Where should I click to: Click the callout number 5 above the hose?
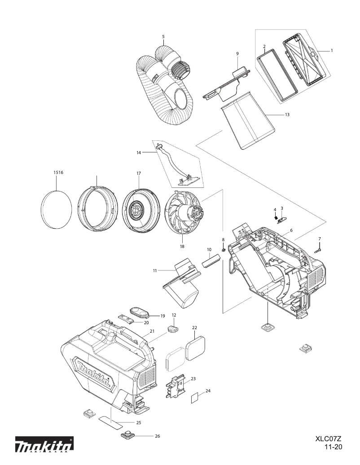pyautogui.click(x=163, y=36)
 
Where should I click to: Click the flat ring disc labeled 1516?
pyautogui.click(x=57, y=209)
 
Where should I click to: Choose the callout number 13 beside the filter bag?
pyautogui.click(x=287, y=115)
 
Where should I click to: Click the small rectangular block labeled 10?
pyautogui.click(x=211, y=260)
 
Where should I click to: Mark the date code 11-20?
pyautogui.click(x=333, y=447)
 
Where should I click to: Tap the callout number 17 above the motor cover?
pyautogui.click(x=139, y=173)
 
